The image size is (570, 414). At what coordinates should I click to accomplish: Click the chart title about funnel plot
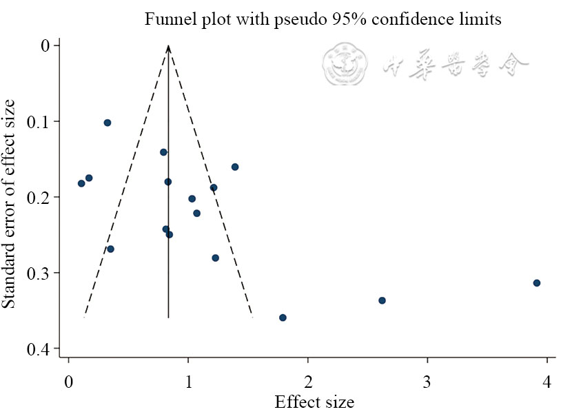(x=322, y=19)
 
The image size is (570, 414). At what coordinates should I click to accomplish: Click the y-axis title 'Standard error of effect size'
(x=10, y=204)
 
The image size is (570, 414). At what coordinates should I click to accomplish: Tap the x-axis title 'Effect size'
(x=314, y=402)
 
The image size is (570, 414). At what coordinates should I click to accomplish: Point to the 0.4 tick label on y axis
(x=39, y=349)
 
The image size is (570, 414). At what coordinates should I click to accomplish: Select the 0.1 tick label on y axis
(x=39, y=122)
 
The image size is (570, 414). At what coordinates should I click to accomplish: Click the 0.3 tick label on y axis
(x=39, y=273)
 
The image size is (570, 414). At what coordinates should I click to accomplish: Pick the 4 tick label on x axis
(x=547, y=382)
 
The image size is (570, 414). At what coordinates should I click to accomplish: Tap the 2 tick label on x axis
(x=308, y=382)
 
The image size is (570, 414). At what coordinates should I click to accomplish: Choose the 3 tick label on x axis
(x=427, y=382)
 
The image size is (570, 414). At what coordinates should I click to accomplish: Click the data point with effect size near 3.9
(x=537, y=283)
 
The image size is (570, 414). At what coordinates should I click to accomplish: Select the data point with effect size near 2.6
(x=382, y=300)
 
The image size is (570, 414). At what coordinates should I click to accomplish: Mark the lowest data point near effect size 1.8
(x=283, y=318)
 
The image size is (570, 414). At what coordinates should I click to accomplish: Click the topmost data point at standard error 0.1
(x=108, y=123)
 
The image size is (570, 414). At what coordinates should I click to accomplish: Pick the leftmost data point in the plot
(x=81, y=183)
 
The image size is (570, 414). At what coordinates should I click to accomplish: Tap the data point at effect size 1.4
(x=235, y=167)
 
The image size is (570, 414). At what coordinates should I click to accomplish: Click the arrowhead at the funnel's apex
(x=168, y=48)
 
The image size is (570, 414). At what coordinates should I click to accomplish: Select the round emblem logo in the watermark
(x=343, y=64)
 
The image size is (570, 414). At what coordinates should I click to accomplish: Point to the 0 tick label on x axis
(x=68, y=382)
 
